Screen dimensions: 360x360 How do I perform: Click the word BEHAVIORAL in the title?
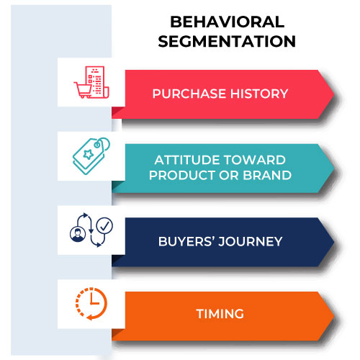tap(227, 22)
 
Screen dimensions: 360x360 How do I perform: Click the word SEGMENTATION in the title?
tap(227, 41)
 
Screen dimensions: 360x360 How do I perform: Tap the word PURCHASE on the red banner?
tap(189, 94)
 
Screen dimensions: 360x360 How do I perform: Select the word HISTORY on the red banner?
tap(259, 94)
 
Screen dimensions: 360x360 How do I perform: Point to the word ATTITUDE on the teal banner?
tap(187, 160)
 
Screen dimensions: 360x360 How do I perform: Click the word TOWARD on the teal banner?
tap(255, 160)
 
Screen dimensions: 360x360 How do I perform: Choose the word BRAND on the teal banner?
tap(267, 175)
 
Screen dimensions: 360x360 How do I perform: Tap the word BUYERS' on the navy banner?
tap(186, 241)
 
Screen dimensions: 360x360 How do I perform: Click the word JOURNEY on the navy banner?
tap(251, 241)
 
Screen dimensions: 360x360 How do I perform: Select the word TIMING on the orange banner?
tap(220, 314)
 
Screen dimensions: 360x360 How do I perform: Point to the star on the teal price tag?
tap(89, 154)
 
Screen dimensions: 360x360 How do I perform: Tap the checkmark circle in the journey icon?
tap(104, 225)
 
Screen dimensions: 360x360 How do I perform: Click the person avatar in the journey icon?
tap(78, 234)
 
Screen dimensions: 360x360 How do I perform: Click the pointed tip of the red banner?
tap(334, 94)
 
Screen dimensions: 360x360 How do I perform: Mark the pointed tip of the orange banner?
tap(334, 316)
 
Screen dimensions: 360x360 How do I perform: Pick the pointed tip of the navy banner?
tap(334, 242)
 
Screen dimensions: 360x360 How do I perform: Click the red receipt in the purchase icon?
tap(97, 82)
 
